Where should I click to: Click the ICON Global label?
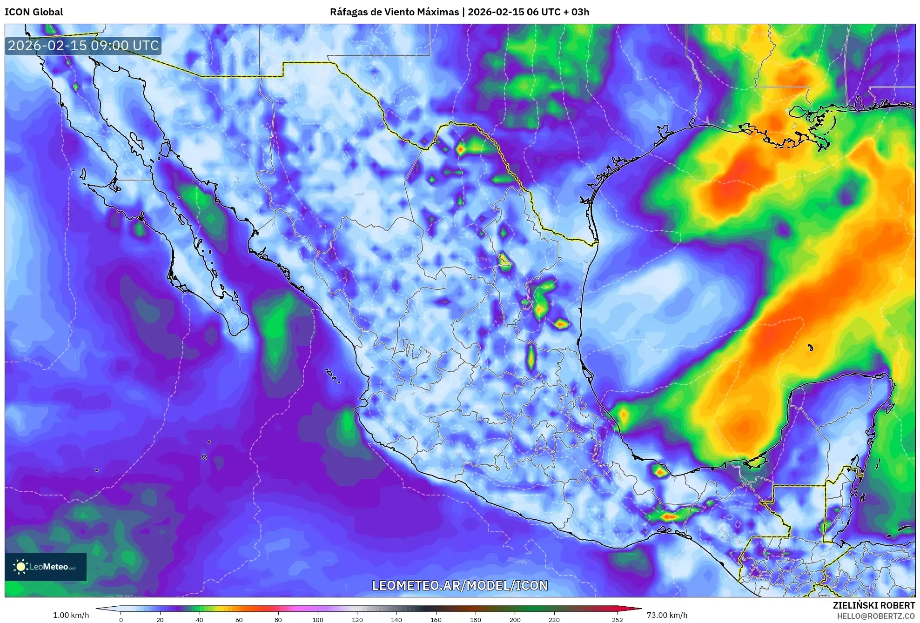point(34,12)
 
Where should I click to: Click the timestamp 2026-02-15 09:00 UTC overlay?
point(83,46)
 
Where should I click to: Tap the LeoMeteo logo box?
point(46,567)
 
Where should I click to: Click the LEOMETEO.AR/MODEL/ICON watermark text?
point(460,585)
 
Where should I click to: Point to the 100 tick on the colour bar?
point(317,619)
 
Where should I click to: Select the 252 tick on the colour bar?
point(617,619)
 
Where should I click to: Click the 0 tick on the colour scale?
point(121,619)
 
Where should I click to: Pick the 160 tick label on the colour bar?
point(436,619)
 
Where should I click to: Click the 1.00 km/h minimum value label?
point(71,615)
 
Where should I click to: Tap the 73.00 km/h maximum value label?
point(667,615)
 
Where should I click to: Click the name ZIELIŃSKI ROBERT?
point(873,605)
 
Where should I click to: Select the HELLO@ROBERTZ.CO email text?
point(876,616)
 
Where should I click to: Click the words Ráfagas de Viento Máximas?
point(394,12)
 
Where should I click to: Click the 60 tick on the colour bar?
point(239,619)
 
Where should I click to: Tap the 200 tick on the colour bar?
point(515,619)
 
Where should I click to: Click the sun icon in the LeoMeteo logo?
point(20,567)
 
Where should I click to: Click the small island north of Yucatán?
point(810,348)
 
